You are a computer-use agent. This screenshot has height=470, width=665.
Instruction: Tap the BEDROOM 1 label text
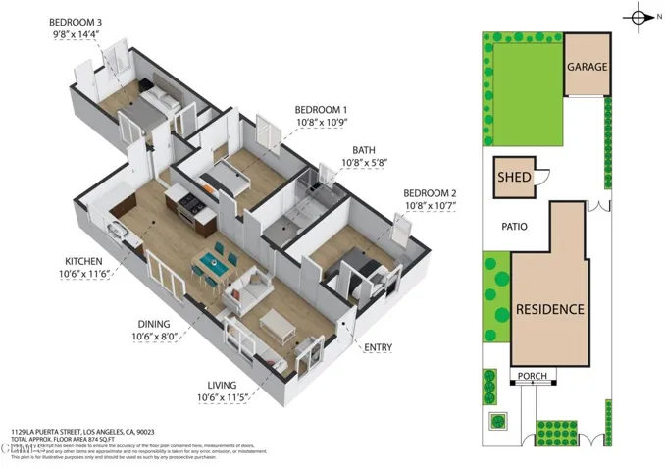[321, 110]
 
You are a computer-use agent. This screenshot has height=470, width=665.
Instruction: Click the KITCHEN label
[84, 260]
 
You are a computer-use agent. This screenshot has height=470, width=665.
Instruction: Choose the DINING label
[153, 324]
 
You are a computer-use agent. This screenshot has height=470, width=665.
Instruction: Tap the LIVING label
[222, 385]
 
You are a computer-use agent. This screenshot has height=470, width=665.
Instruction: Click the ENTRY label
[378, 347]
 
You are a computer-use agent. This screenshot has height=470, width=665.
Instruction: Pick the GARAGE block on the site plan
[586, 67]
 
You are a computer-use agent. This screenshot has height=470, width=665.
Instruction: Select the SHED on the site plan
[515, 178]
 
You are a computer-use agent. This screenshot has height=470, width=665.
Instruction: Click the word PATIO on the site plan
[513, 227]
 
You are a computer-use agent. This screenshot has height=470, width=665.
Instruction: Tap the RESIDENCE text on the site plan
[550, 309]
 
